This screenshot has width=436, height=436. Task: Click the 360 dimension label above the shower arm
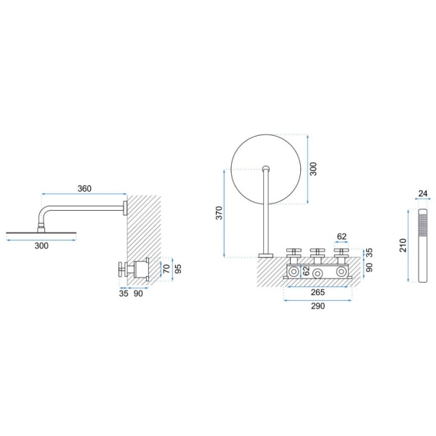coord(84,188)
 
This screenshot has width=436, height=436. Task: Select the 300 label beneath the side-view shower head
coord(41,246)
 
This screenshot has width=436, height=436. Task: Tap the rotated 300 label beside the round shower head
coord(313,169)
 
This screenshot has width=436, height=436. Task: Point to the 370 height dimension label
coord(219,213)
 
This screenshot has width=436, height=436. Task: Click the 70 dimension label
coord(166,269)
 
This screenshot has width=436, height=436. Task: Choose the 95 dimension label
coord(178,269)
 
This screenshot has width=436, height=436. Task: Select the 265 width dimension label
coord(318,292)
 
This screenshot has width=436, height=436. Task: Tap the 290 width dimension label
coord(318,306)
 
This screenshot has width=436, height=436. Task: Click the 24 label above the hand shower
coord(423,193)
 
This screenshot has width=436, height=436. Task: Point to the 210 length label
coord(403,246)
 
